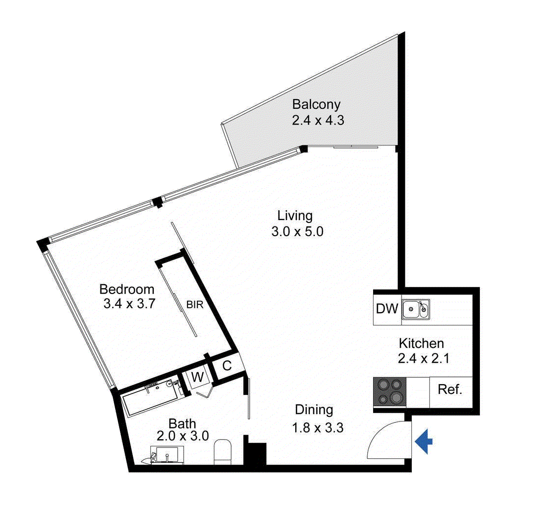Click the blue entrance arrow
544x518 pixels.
coord(424,442)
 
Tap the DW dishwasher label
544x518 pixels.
coord(386,309)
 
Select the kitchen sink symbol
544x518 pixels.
coord(416,309)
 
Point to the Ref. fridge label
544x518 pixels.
coord(450,390)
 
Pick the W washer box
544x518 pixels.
coord(196,377)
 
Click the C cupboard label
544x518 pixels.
coord(227,366)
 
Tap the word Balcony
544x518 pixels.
coord(316,104)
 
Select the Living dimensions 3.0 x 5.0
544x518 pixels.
coord(297,231)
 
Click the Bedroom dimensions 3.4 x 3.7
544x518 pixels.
coord(129,303)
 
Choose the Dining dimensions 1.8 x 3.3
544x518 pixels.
coord(317,427)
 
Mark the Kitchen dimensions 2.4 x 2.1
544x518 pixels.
coord(424,358)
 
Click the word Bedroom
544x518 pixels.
coord(127,289)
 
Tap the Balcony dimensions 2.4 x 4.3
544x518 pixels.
coord(317,120)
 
